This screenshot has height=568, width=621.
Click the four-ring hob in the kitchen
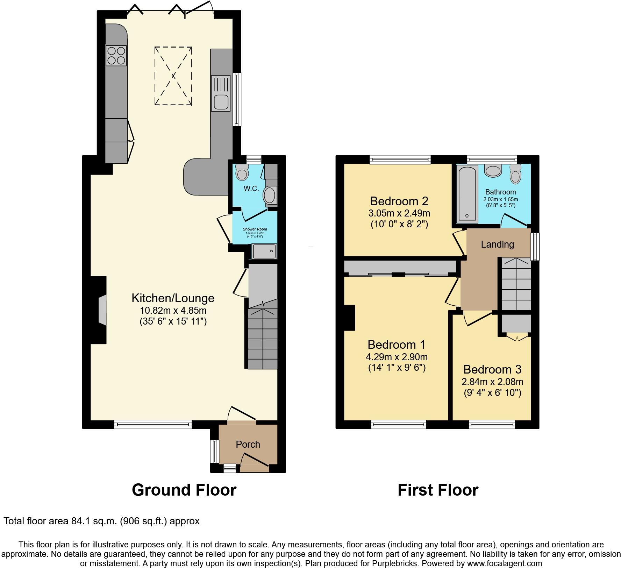point(116,56)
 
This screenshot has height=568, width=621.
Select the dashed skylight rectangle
point(173,76)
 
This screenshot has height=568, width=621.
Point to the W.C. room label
point(251,189)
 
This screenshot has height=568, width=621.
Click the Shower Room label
point(255,229)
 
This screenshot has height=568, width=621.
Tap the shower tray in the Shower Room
point(264,251)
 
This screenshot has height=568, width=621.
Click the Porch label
point(248,444)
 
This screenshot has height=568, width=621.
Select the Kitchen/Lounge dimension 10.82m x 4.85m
point(173,310)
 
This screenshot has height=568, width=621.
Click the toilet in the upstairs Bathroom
point(515,174)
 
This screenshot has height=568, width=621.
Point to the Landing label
point(497,244)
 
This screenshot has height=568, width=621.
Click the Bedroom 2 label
point(399,201)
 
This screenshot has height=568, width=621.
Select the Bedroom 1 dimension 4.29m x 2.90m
point(397,357)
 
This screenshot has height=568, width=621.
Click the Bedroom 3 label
point(492,369)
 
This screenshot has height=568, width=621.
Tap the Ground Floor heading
point(184,490)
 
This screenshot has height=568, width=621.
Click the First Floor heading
point(438,490)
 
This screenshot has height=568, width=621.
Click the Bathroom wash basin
point(493,171)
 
